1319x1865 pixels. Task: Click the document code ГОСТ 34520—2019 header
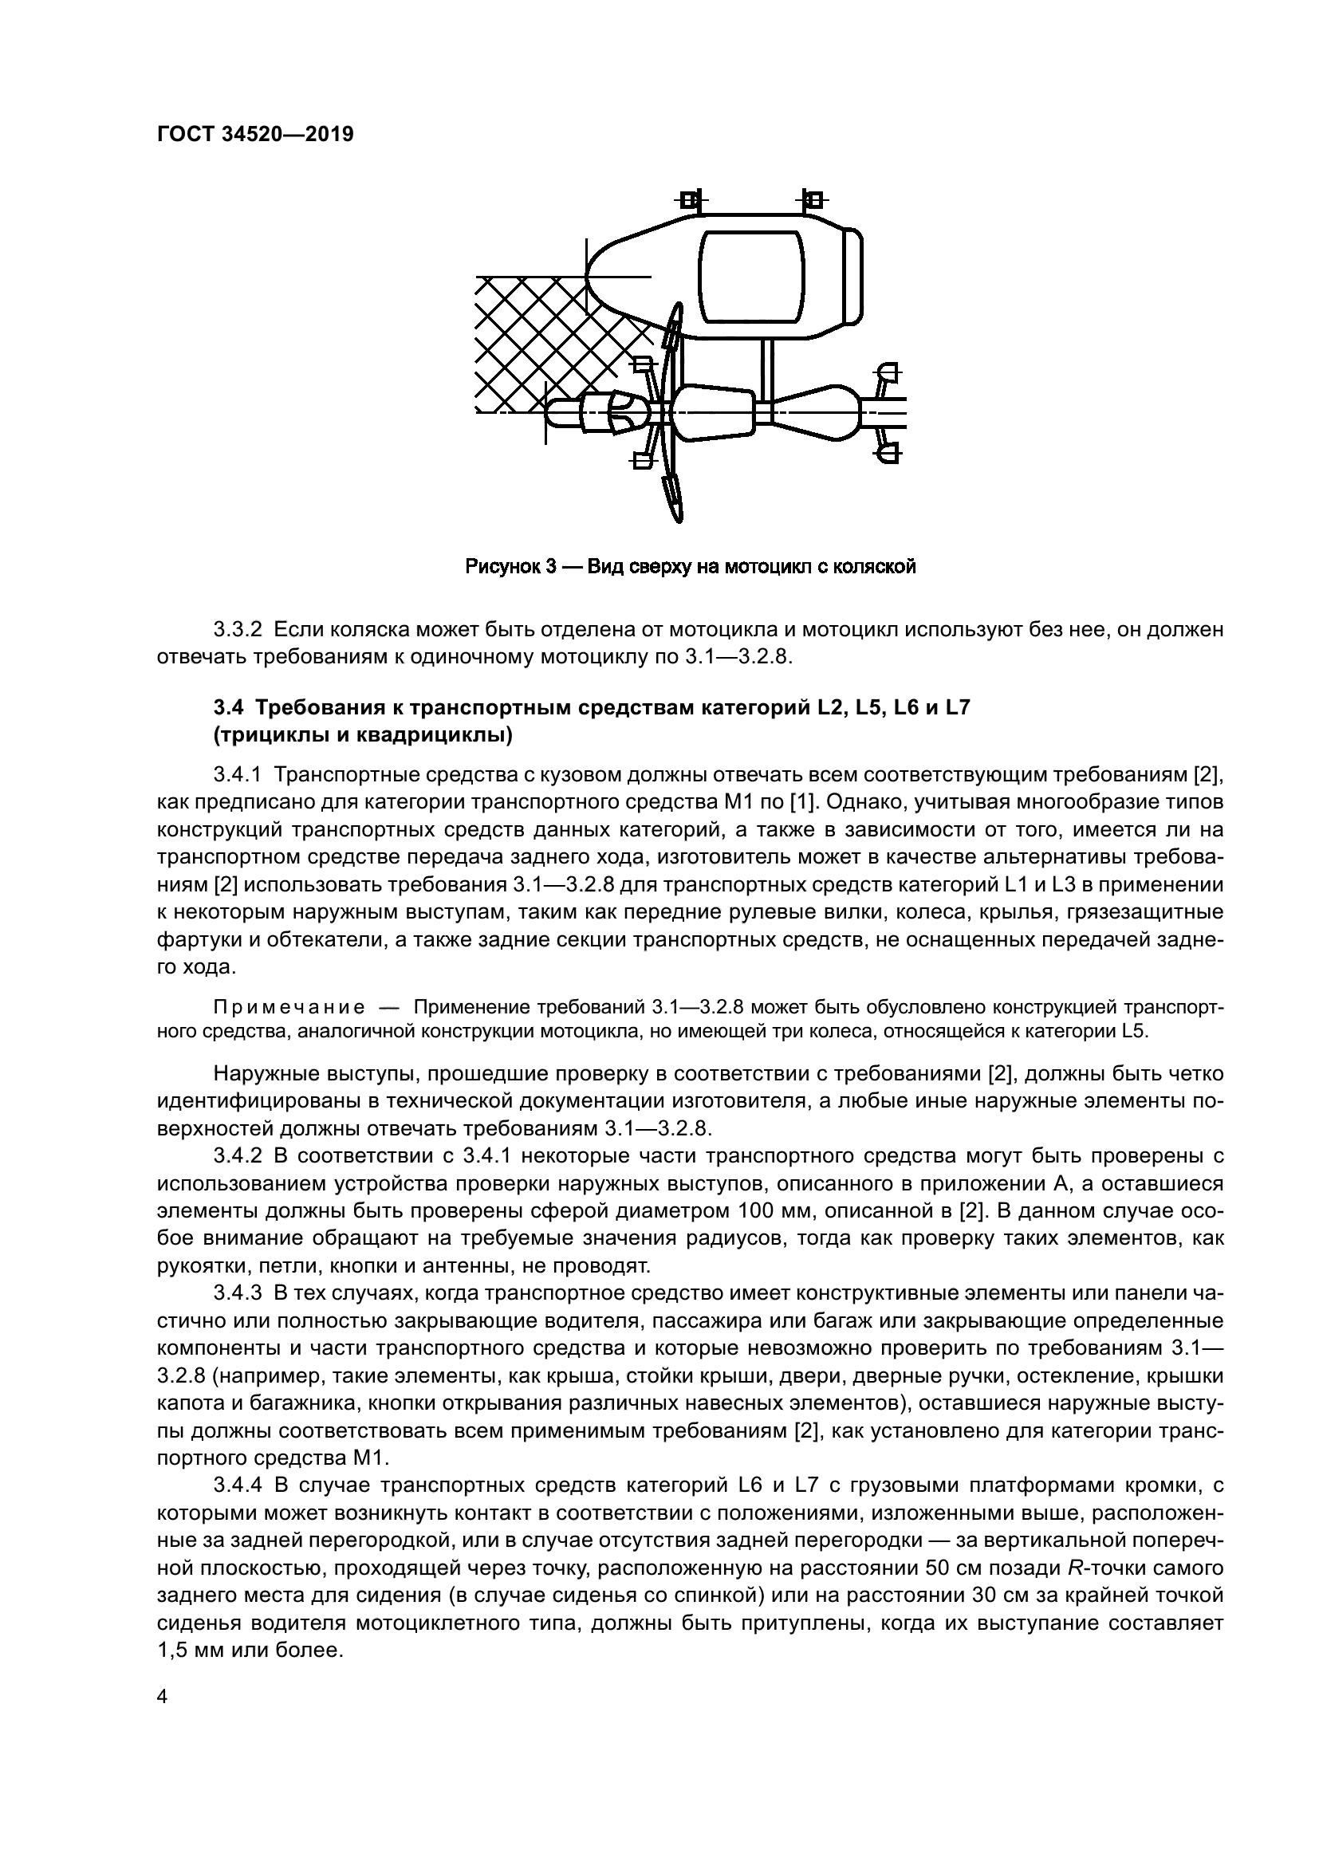(x=255, y=135)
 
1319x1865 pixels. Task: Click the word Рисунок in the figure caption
(x=502, y=566)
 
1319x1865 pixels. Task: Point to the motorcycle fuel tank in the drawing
(x=713, y=414)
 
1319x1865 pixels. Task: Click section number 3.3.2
(x=237, y=630)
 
